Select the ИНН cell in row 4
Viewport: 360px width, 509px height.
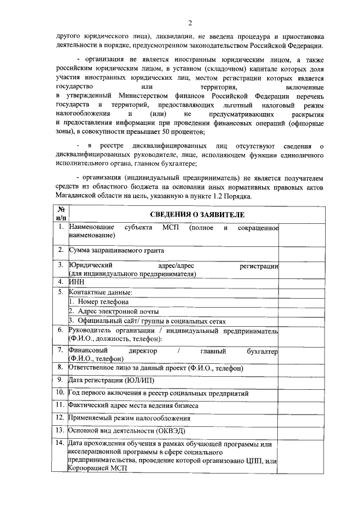coord(76,281)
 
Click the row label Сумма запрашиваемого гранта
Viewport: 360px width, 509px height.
coord(116,250)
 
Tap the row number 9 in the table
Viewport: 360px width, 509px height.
coord(61,381)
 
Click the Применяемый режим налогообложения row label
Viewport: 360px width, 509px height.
coord(129,418)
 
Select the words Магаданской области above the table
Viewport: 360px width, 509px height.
coord(89,197)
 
